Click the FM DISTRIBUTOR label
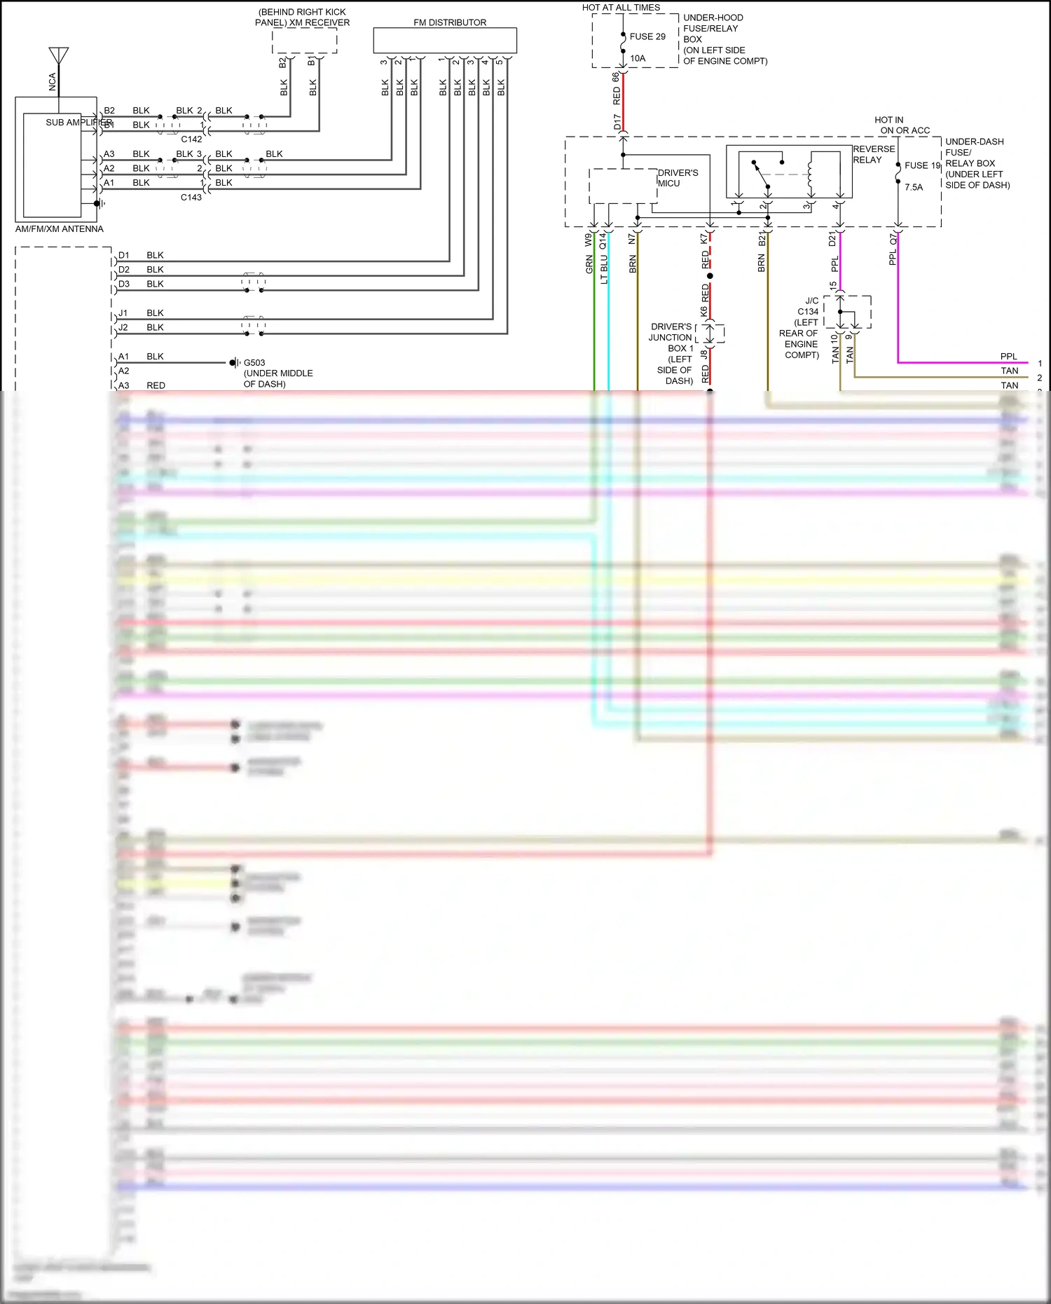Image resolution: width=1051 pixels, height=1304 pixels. pos(449,22)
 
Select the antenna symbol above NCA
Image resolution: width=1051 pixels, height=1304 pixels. pos(59,55)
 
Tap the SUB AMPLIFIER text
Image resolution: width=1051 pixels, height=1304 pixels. pos(78,123)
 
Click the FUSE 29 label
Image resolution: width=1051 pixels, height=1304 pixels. pos(647,36)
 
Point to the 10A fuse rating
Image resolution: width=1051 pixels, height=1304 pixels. pos(638,58)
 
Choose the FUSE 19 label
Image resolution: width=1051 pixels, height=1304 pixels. pos(922,165)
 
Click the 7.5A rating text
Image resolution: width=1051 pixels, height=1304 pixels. pos(914,187)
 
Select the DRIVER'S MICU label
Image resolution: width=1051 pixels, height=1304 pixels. pos(678,178)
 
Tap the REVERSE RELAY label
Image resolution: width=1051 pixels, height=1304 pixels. pos(874,154)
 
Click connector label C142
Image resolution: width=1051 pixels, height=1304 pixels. pos(191,139)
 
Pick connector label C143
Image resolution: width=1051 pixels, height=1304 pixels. pos(191,198)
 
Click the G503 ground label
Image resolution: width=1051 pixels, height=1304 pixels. pos(254,363)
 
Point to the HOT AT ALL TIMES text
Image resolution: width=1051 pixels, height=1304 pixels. pos(621,8)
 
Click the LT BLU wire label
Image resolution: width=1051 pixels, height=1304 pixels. pos(604,269)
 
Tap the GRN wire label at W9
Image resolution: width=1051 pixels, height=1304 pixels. pos(589,264)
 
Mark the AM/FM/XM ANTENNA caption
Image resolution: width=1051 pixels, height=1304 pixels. pos(60,229)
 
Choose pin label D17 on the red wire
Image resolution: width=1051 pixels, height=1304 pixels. pos(617,123)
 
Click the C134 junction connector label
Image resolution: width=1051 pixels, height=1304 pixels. pos(808,312)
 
